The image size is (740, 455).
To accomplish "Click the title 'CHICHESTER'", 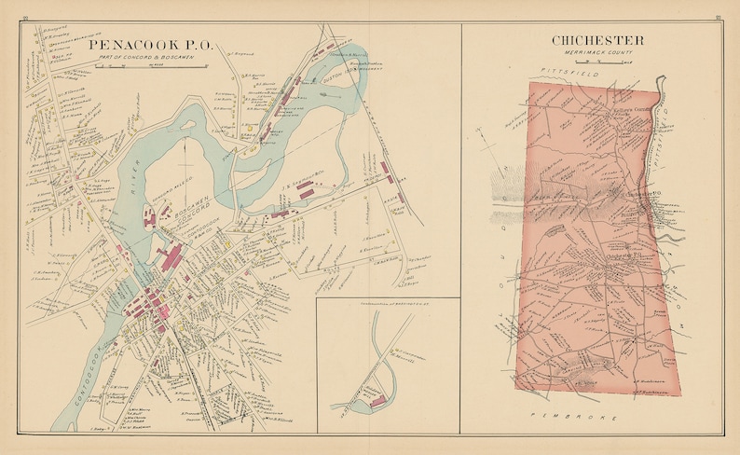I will (597, 40).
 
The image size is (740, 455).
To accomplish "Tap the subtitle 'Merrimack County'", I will (597, 53).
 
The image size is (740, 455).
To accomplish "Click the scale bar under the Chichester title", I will (597, 62).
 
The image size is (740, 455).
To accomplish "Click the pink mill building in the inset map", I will (378, 402).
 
